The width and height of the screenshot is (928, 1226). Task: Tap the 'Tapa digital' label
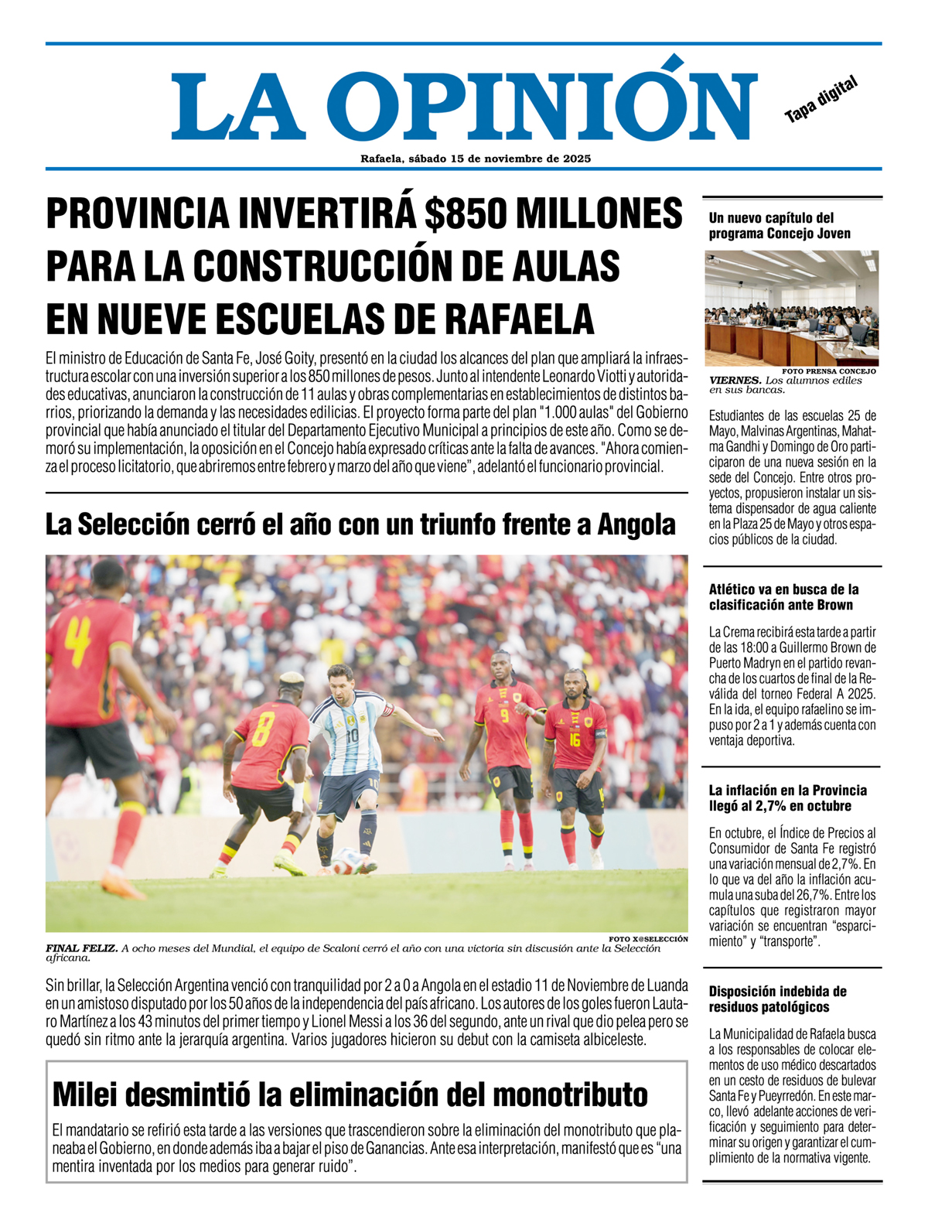coord(821,99)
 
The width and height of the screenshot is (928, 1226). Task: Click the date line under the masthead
coord(476,159)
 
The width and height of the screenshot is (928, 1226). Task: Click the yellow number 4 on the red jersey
coord(79,641)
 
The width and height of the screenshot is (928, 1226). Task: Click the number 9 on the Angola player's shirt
coord(504,716)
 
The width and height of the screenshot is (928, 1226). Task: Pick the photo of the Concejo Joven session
coord(791,308)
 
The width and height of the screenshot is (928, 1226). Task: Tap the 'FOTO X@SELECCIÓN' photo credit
coord(648,939)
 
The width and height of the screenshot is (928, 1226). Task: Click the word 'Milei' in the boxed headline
coord(84,1095)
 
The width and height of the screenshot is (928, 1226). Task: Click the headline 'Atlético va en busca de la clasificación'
coord(783,597)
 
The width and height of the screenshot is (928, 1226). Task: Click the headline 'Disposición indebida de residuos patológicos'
coord(777,999)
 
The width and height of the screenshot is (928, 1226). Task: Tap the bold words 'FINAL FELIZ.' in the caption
coord(81,948)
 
